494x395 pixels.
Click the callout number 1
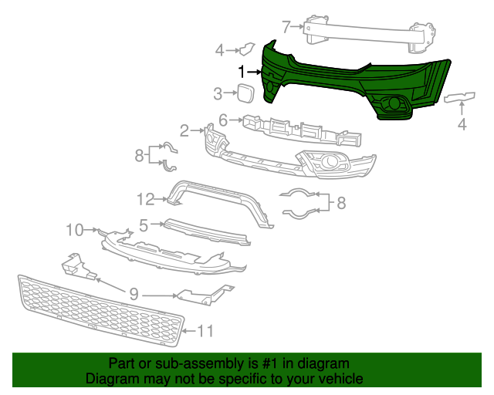(241, 71)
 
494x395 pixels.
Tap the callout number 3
(218, 94)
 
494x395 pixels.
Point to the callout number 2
(184, 129)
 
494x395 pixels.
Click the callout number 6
(223, 120)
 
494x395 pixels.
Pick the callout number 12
(147, 200)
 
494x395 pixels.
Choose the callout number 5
(143, 225)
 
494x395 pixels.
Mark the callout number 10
(74, 229)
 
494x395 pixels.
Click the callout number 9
(134, 294)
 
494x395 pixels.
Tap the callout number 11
(205, 331)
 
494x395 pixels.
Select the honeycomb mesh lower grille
(100, 309)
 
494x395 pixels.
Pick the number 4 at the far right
(462, 123)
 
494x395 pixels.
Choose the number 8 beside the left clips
(140, 155)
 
